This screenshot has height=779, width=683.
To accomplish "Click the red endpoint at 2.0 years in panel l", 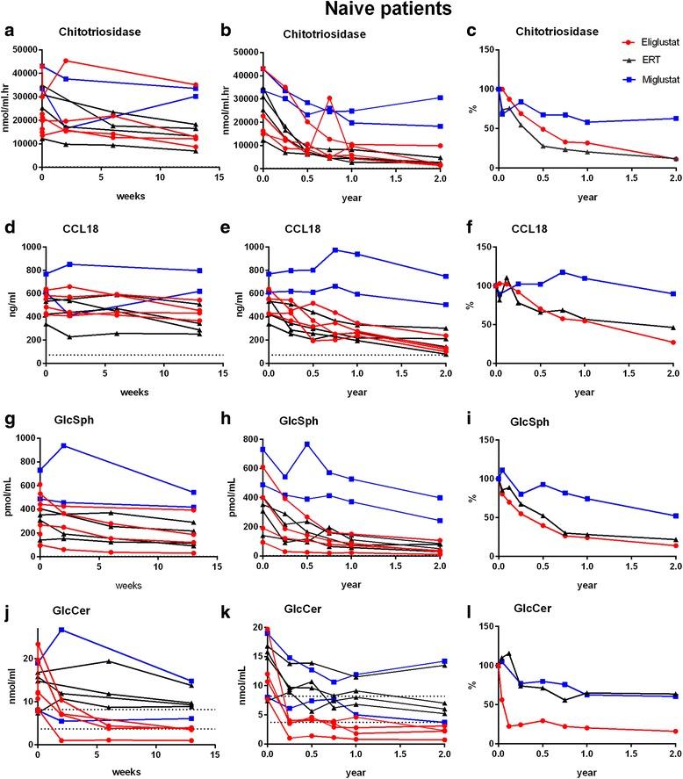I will pos(674,731).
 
